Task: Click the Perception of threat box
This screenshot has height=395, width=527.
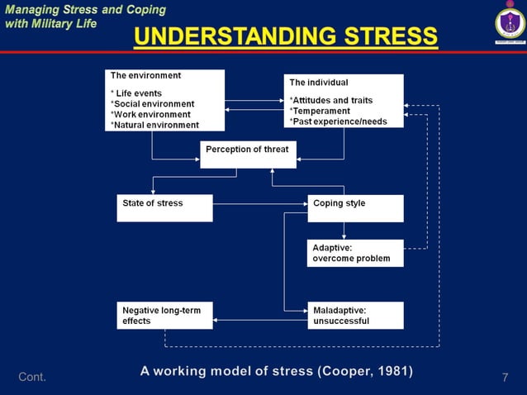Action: click(x=247, y=154)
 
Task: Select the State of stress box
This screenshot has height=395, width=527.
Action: click(x=164, y=207)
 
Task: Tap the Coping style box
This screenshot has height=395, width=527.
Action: click(x=355, y=208)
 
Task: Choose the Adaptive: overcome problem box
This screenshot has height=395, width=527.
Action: click(x=355, y=253)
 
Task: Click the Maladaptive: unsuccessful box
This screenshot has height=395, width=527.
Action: click(x=355, y=315)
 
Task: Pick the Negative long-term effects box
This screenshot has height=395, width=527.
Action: click(x=164, y=315)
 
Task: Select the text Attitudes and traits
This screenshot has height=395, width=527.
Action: click(x=332, y=100)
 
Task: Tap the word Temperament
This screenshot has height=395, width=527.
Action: click(x=321, y=111)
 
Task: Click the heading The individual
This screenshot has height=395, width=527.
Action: click(x=319, y=83)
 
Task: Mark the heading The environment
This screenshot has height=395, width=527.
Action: click(x=145, y=75)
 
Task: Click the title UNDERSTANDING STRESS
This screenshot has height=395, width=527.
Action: click(x=286, y=36)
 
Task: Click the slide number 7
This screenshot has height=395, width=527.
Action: click(x=505, y=378)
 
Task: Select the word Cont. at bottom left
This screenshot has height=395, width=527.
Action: click(x=31, y=378)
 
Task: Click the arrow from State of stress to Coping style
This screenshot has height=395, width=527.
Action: click(x=260, y=203)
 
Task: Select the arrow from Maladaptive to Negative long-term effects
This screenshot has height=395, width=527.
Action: click(x=260, y=320)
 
